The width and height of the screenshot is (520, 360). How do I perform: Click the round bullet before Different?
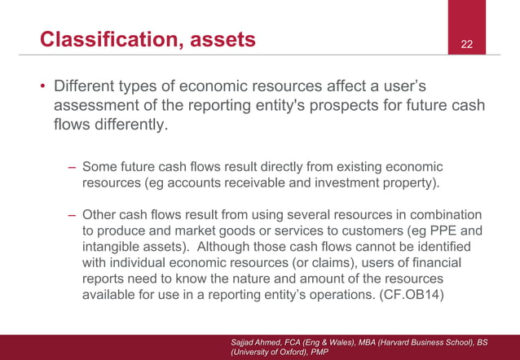tap(42, 86)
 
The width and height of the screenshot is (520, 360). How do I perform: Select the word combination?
tap(445, 214)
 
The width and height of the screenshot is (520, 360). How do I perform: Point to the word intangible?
tap(111, 247)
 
